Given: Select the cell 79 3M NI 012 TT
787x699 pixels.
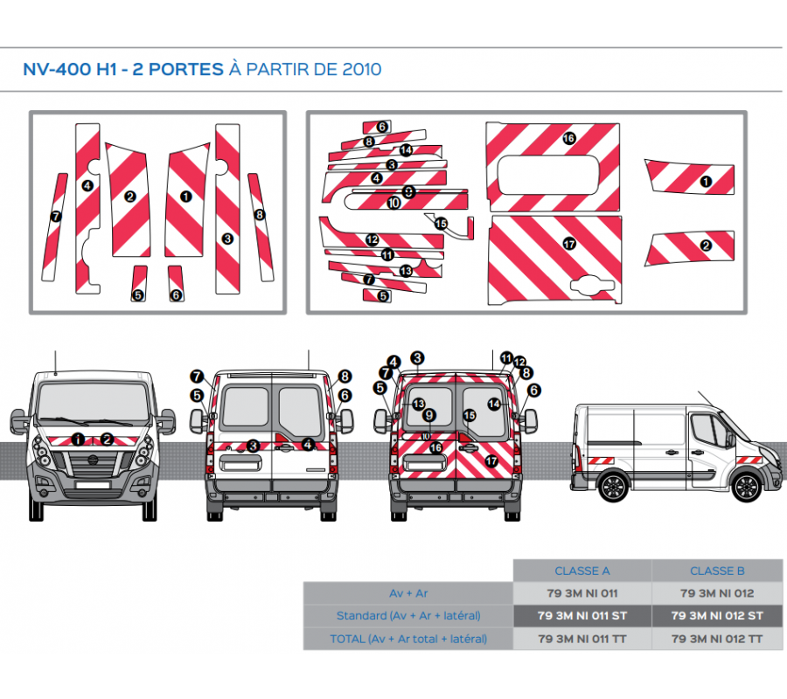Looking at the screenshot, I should [717, 640].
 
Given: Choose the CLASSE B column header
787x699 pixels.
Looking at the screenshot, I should [717, 571].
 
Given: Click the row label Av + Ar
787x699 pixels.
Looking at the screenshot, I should [408, 594].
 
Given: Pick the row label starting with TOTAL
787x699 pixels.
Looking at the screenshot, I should [408, 640].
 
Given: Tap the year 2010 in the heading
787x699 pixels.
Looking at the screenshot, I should [362, 69].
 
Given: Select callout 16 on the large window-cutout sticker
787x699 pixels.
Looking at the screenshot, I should [568, 138].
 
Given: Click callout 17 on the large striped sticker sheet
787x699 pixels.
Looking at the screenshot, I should [569, 244].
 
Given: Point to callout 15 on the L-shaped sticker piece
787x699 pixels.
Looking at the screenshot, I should [441, 224].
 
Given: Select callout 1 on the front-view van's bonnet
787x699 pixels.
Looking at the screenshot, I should [79, 439].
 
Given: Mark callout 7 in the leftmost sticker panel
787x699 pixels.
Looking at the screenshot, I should [56, 216].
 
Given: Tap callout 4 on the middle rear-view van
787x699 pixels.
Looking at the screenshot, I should [308, 444].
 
